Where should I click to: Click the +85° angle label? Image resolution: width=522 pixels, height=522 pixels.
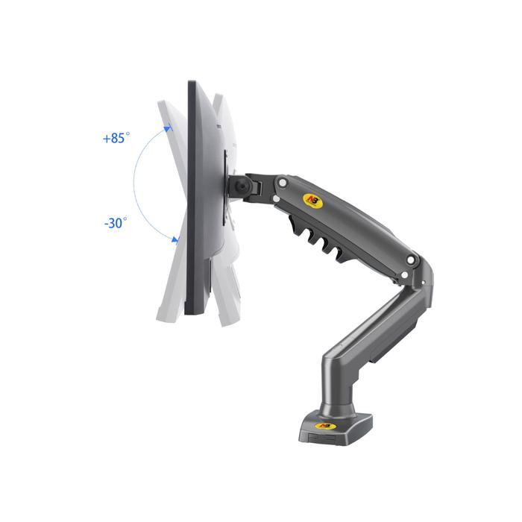[x=116, y=138]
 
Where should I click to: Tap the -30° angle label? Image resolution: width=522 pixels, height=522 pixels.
[x=116, y=223]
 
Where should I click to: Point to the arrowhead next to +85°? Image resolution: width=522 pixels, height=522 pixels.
[x=168, y=128]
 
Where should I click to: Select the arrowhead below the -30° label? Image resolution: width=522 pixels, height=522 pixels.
[x=174, y=239]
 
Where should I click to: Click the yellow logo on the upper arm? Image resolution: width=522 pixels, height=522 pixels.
[x=312, y=201]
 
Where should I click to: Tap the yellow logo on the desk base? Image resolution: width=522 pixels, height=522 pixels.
[x=324, y=426]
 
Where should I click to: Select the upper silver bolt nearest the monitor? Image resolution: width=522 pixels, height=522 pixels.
[x=283, y=183]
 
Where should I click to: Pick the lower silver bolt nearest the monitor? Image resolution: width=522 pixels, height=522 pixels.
[x=276, y=199]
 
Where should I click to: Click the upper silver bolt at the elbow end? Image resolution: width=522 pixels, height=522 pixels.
[x=411, y=260]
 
